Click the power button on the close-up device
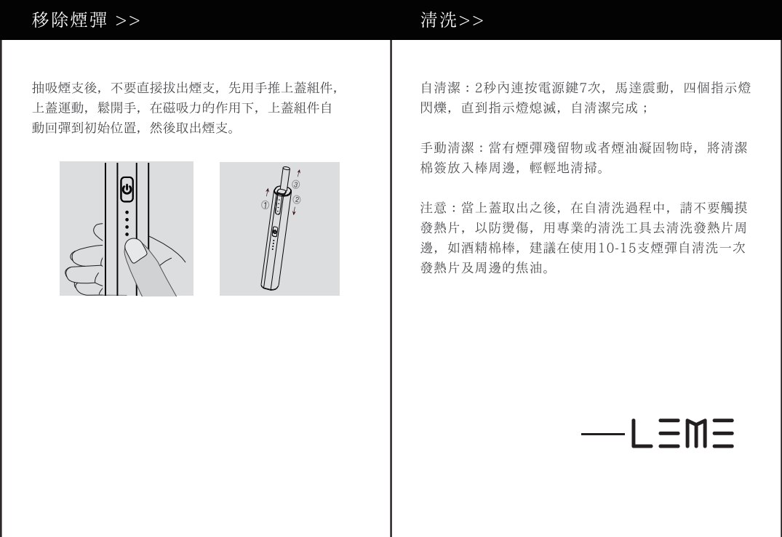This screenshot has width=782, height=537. (127, 190)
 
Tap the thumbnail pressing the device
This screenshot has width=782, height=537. (135, 250)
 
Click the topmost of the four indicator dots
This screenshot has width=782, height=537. (127, 212)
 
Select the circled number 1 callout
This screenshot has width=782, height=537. (266, 205)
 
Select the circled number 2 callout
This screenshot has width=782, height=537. (297, 200)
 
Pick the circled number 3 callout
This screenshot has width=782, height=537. (296, 185)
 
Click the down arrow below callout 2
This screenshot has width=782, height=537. (294, 211)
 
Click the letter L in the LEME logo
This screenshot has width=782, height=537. (642, 433)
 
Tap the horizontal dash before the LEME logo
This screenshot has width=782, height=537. (602, 434)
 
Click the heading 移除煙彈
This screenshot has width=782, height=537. (69, 20)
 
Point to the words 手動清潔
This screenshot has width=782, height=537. (447, 148)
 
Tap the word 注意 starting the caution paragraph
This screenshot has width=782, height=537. (434, 208)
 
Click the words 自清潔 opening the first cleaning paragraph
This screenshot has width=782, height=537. (440, 88)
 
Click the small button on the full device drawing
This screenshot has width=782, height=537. (274, 232)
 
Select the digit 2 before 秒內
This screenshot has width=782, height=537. (479, 88)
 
